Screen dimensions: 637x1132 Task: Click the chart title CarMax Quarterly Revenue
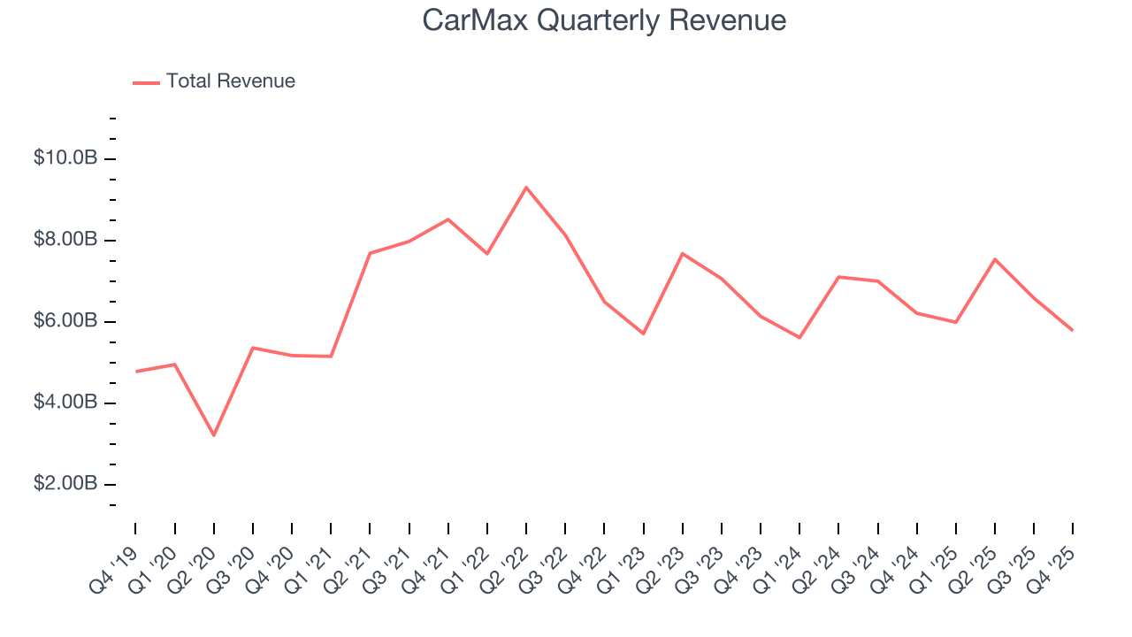(x=604, y=20)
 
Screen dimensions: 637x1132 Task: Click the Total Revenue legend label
(x=230, y=81)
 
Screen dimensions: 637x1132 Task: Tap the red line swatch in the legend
(x=146, y=82)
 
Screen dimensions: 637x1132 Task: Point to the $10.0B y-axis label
(x=65, y=158)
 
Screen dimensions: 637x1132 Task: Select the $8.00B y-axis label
(x=65, y=240)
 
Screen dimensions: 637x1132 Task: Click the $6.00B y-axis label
(x=65, y=321)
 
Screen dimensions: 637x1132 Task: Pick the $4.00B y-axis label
(x=65, y=403)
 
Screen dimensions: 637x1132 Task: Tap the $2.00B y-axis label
(x=65, y=484)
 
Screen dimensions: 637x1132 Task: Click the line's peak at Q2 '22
(x=526, y=188)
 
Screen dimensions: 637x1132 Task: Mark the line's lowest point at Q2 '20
(x=214, y=435)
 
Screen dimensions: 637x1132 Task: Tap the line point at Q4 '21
(x=448, y=219)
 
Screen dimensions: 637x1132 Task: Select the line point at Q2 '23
(x=683, y=254)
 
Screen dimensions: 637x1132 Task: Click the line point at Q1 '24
(x=799, y=337)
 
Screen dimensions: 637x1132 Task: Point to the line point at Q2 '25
(x=995, y=259)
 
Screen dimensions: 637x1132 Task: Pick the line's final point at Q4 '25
(x=1073, y=330)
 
